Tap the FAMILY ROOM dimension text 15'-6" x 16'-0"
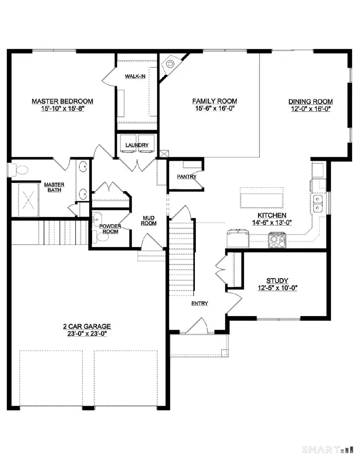pos(214,108)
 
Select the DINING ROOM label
pos(311,102)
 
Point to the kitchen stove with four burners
pos(277,240)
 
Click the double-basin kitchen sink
pos(318,203)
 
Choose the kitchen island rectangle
pos(262,198)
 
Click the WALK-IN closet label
pos(135,76)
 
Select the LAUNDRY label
pos(137,145)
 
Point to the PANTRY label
pos(186,177)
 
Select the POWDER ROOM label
pos(110,229)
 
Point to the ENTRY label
pos(199,303)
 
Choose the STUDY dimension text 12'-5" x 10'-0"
pos(277,287)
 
